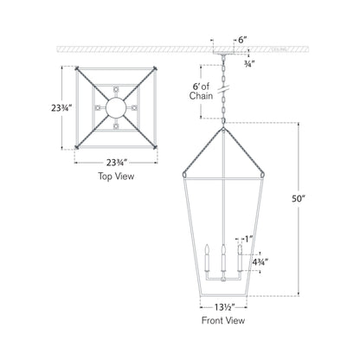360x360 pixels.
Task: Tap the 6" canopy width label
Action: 245,39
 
